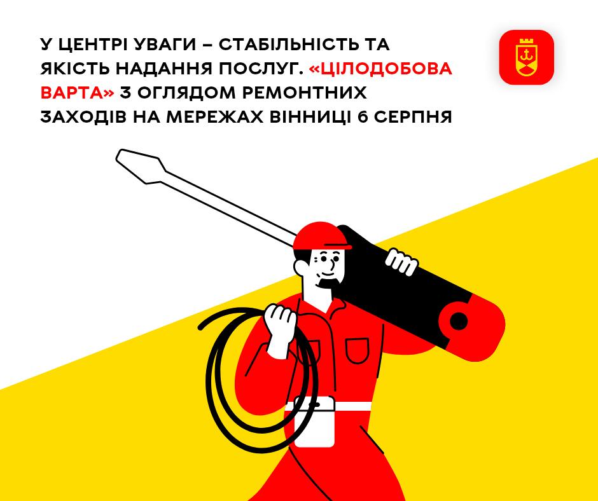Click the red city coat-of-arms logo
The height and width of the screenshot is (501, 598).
(526, 57)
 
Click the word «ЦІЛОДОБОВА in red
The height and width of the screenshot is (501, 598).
(380, 69)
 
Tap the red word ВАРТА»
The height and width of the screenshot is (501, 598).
(78, 93)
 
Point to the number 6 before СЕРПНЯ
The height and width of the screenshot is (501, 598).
(363, 117)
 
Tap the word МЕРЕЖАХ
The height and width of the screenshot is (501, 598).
(215, 117)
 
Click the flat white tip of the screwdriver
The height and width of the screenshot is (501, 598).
(141, 167)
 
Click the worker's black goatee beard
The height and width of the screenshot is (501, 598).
(329, 283)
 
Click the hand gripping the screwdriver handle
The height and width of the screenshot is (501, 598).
(401, 261)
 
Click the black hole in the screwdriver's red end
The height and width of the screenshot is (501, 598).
(459, 320)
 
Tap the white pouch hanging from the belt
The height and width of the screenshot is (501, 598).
(315, 422)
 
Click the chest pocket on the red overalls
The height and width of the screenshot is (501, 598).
(358, 350)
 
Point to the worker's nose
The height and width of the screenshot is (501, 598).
(335, 264)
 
